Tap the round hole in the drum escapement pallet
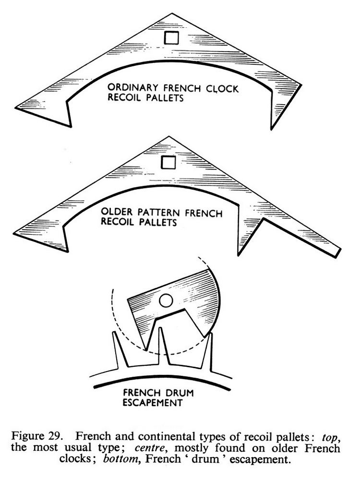pos(166,301)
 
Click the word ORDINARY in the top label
pos(129,89)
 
